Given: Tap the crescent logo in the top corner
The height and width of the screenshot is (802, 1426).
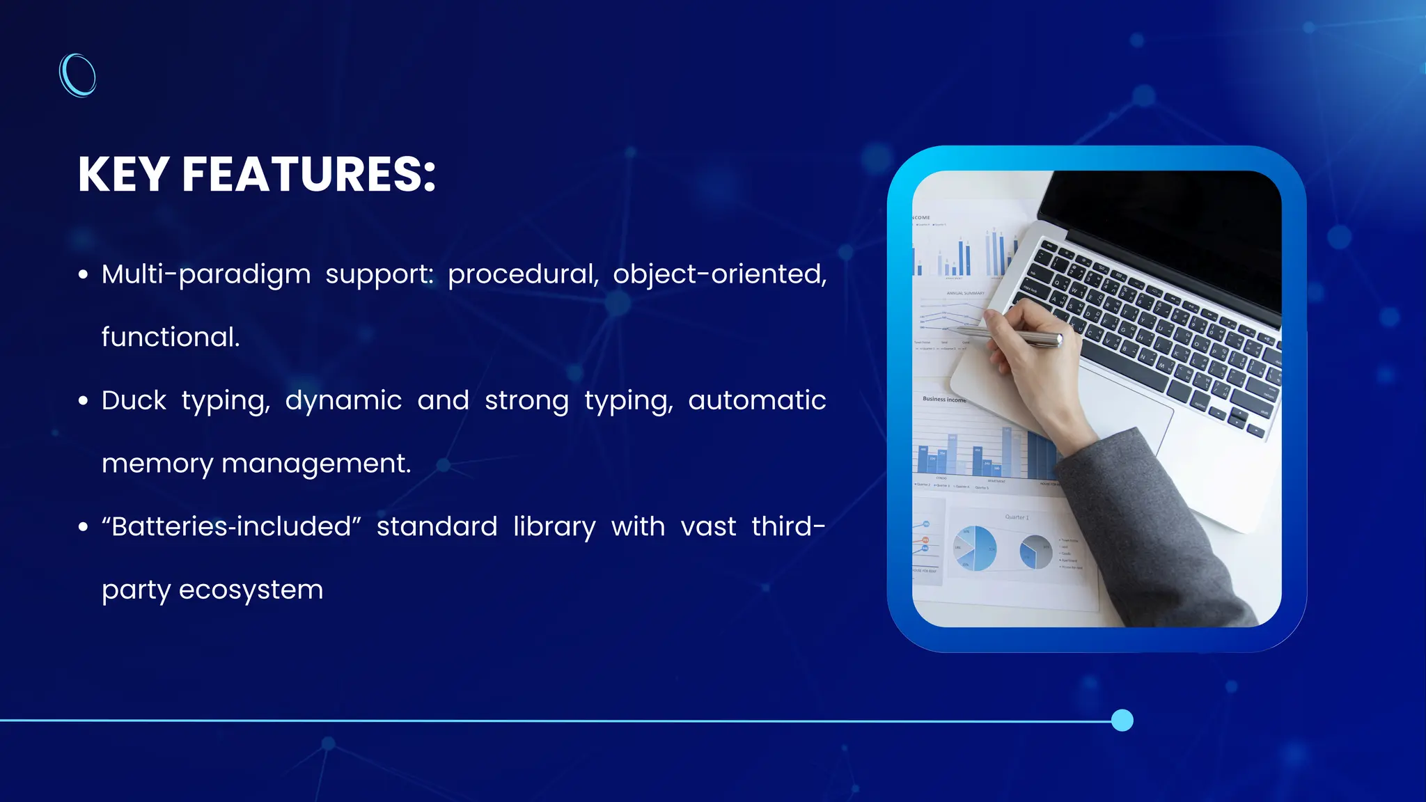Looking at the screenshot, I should [x=77, y=75].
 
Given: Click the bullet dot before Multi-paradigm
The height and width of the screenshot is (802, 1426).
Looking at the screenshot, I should [x=84, y=275].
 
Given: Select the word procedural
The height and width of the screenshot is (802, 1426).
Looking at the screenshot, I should [x=523, y=274].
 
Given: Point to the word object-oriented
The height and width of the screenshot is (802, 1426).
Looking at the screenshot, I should [x=719, y=274].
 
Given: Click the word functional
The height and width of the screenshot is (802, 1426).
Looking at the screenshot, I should [x=170, y=338].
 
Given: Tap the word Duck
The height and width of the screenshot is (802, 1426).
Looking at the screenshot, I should [x=134, y=400].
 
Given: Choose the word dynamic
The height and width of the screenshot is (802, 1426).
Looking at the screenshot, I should [x=343, y=401].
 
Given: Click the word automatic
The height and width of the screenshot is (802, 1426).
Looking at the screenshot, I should [x=757, y=400].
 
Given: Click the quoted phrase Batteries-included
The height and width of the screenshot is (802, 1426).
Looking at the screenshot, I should [x=231, y=527].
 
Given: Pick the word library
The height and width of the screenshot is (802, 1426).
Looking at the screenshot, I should [x=554, y=527].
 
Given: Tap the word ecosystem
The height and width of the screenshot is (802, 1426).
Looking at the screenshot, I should [x=251, y=590].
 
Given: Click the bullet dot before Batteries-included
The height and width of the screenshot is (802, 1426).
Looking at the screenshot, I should [x=84, y=527].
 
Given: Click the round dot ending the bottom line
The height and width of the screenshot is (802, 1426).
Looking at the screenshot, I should [x=1122, y=721].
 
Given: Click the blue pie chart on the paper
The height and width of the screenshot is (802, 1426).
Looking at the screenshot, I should [x=976, y=548].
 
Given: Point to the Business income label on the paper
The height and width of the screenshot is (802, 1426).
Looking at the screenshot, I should [x=943, y=400].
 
